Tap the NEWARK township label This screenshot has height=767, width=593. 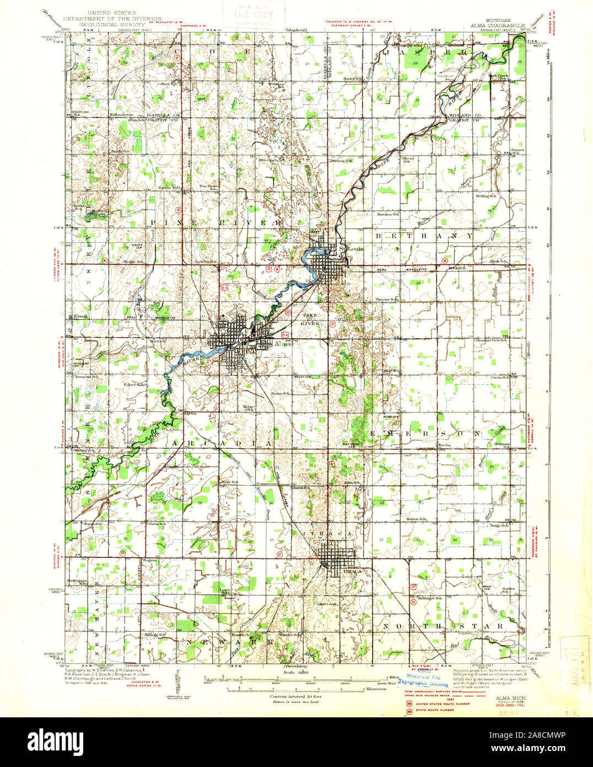point(229,643)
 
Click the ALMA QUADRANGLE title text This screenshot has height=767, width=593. point(494,25)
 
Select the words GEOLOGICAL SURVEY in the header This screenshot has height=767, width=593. point(112,25)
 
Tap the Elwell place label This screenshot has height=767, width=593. point(78,317)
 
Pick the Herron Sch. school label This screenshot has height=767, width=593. point(417,519)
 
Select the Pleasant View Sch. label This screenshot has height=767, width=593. point(492,340)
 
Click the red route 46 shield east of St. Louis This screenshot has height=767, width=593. point(444,259)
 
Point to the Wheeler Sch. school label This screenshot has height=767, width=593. point(290,635)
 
